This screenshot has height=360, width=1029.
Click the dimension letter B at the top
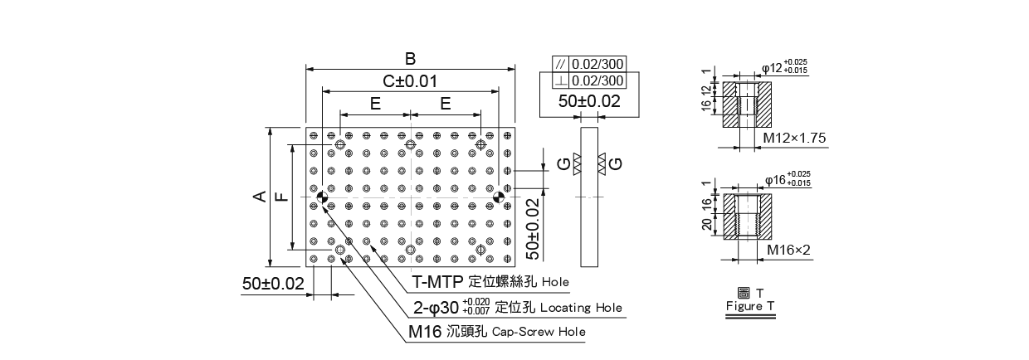pos(410,59)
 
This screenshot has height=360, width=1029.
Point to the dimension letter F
pos(280,197)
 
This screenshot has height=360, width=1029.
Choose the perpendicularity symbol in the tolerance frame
pos(561,80)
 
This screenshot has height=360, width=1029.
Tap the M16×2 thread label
pos(789,249)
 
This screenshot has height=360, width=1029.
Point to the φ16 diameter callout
pos(785,178)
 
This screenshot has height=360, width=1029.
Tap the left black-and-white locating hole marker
pos(323,197)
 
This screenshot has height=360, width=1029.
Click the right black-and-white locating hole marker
pos(498,197)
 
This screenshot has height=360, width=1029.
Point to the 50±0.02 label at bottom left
pos(274,283)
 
